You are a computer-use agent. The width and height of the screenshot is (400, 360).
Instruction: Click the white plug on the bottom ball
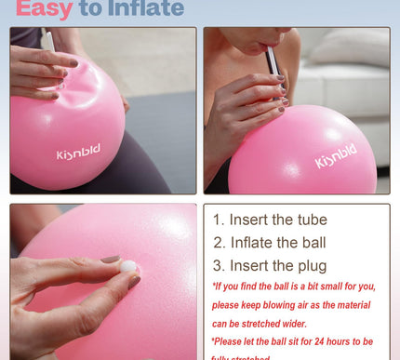click(x=127, y=267)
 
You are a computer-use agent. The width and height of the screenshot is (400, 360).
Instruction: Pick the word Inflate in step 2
click(x=253, y=244)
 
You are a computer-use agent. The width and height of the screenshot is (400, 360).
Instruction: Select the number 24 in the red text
click(x=321, y=340)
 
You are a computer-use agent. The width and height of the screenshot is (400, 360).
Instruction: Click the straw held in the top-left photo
click(x=47, y=40)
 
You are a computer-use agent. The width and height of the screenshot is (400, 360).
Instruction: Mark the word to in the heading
click(x=89, y=9)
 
